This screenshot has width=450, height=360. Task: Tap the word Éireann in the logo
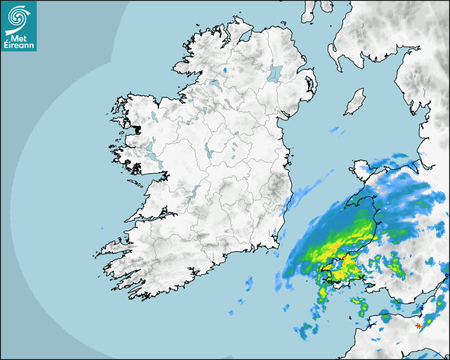point(19,46)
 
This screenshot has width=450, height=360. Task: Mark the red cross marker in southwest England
point(418,326)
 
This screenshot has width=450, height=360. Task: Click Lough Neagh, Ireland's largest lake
point(276,73)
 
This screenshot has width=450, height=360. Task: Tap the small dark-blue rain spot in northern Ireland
point(225,70)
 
